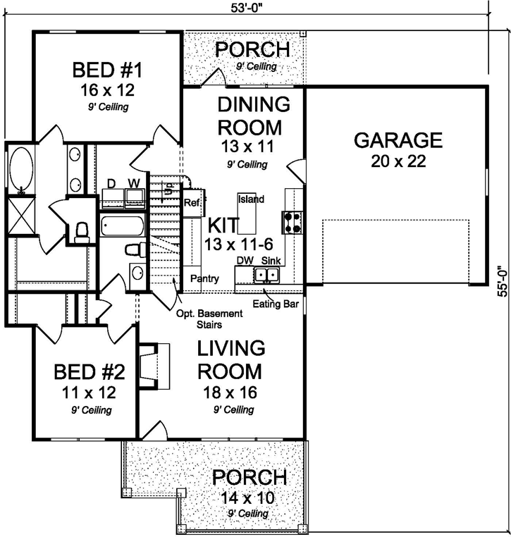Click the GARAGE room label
coord(398,140)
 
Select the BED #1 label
coord(108,71)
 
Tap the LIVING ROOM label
coord(230,359)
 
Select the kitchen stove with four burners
coord(293,222)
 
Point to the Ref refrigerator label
coord(192,203)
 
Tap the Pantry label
coord(204,279)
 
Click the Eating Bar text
coord(271,304)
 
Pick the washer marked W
coord(133,197)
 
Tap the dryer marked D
coord(111,197)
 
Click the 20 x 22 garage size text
coord(398,162)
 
